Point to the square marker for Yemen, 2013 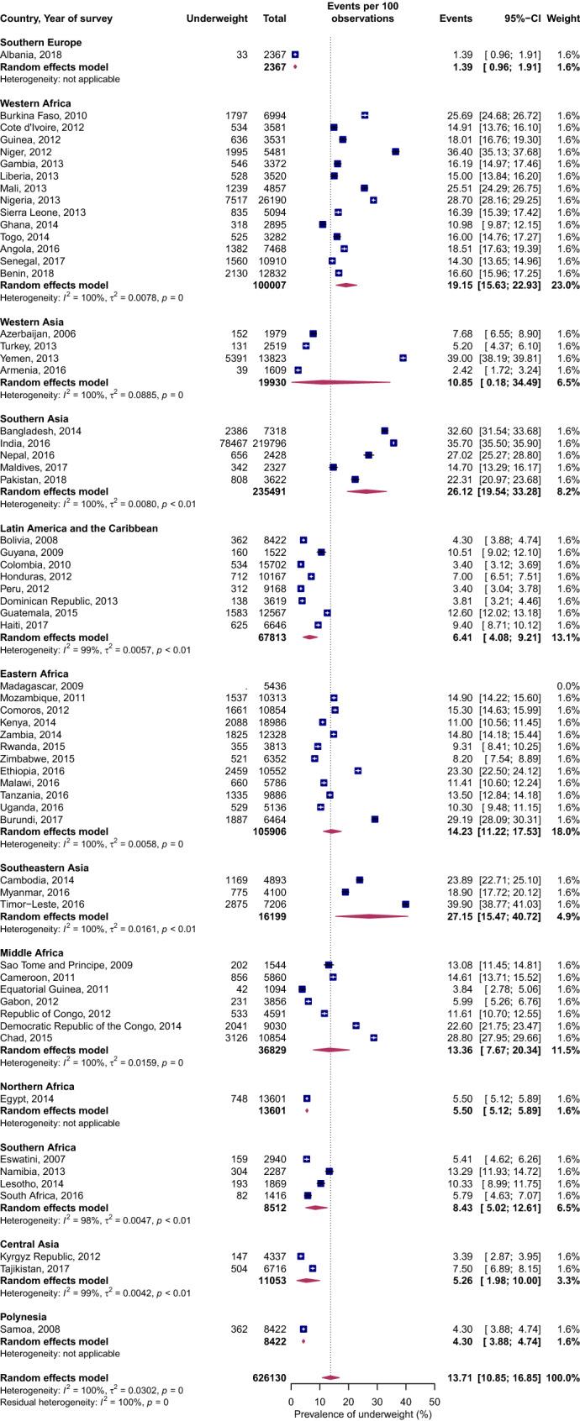coord(403,358)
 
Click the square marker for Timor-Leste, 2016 coord(405,905)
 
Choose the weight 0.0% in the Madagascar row coord(568,686)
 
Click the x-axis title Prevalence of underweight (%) coord(362,1414)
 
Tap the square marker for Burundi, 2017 coord(374,819)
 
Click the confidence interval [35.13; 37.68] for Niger coord(514,151)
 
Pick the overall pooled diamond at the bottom coord(330,1378)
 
